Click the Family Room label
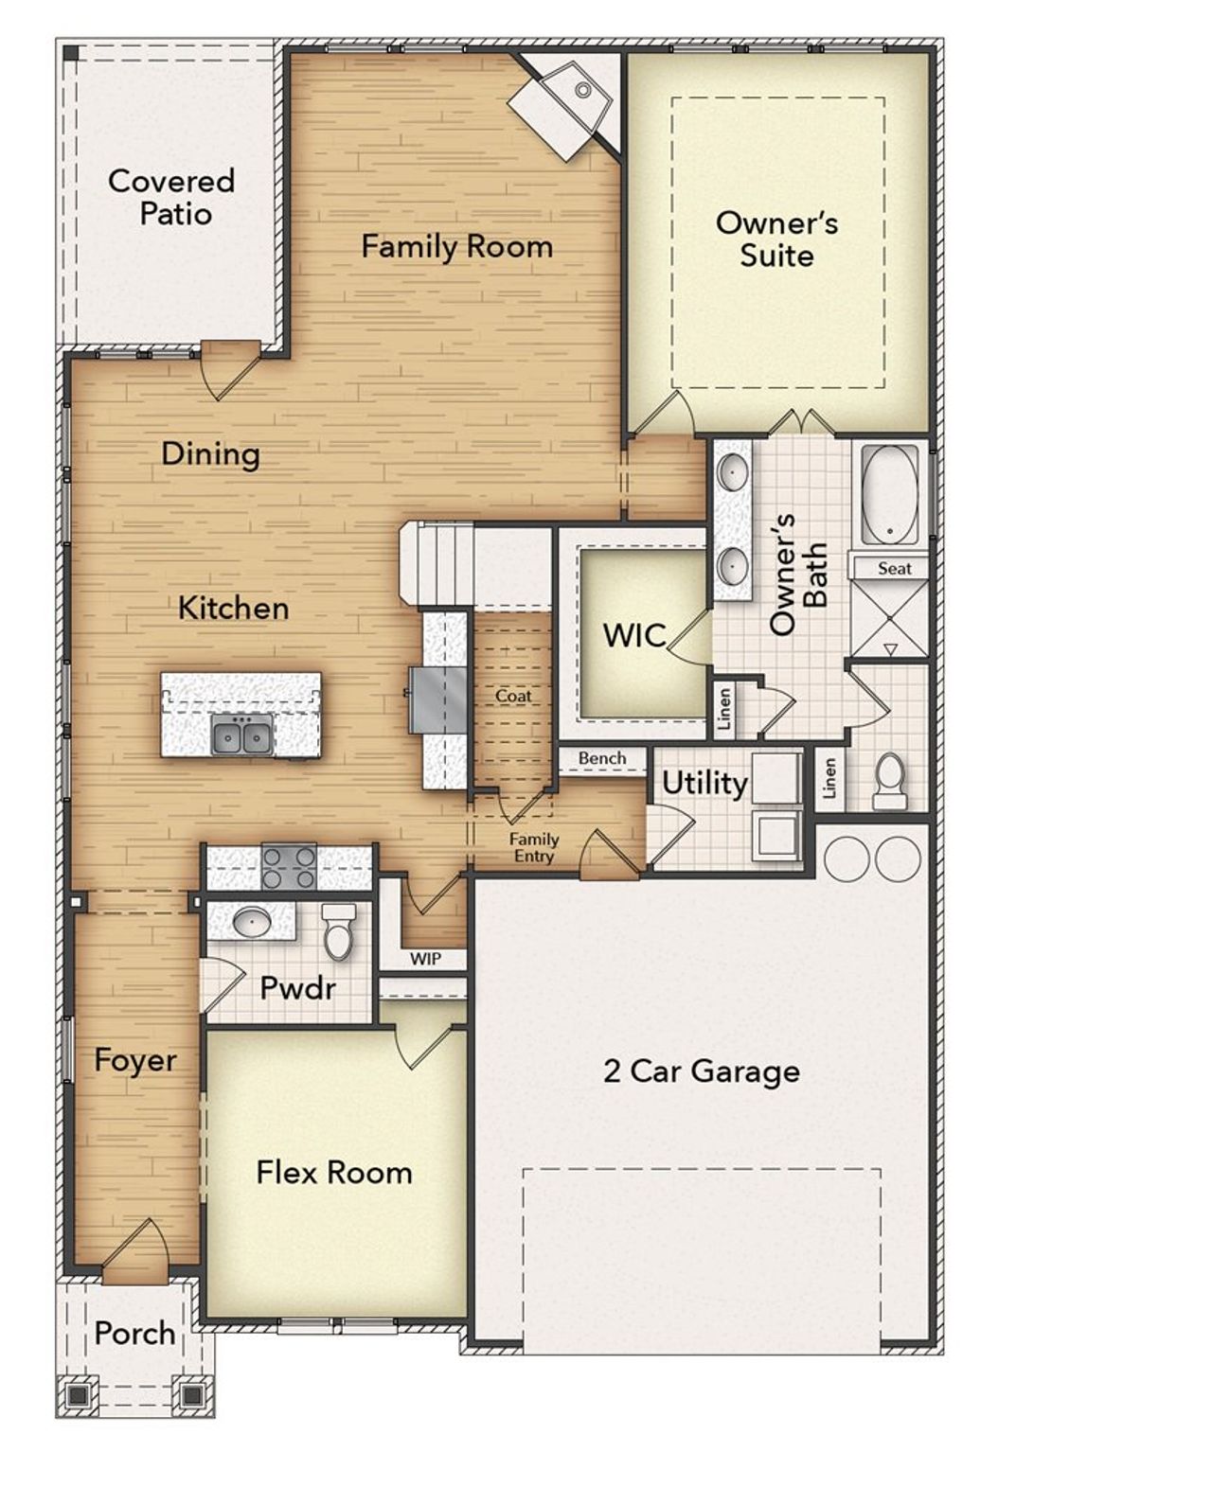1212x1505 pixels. tap(456, 247)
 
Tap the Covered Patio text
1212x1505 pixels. tap(171, 197)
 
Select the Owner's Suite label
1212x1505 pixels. tap(776, 239)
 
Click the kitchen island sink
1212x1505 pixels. tap(242, 735)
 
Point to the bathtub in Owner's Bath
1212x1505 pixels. tap(889, 495)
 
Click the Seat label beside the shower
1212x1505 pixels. tap(894, 569)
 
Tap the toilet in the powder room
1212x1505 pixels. tap(338, 932)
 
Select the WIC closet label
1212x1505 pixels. tap(634, 635)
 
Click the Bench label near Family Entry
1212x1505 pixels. tap(602, 758)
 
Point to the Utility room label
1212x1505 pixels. tap(704, 783)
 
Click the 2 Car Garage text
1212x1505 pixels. tap(702, 1071)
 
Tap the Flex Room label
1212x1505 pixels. tap(334, 1173)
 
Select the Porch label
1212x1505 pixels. tap(134, 1334)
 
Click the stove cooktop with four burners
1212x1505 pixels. tap(289, 866)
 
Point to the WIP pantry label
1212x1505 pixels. tap(425, 959)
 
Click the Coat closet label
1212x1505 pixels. tap(513, 696)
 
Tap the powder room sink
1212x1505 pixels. tap(252, 921)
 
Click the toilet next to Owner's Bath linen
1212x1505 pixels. tap(889, 781)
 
